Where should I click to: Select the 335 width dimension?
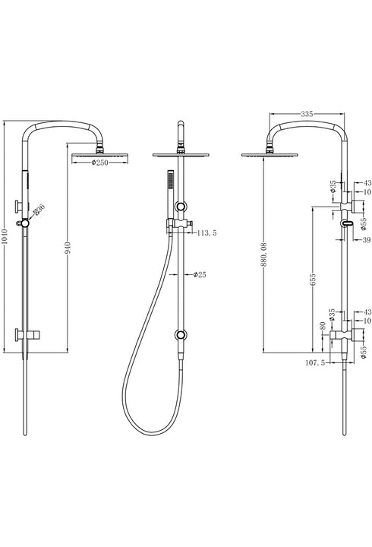(x=307, y=113)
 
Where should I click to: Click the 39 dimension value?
(x=365, y=240)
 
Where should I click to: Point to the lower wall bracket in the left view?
(x=23, y=334)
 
